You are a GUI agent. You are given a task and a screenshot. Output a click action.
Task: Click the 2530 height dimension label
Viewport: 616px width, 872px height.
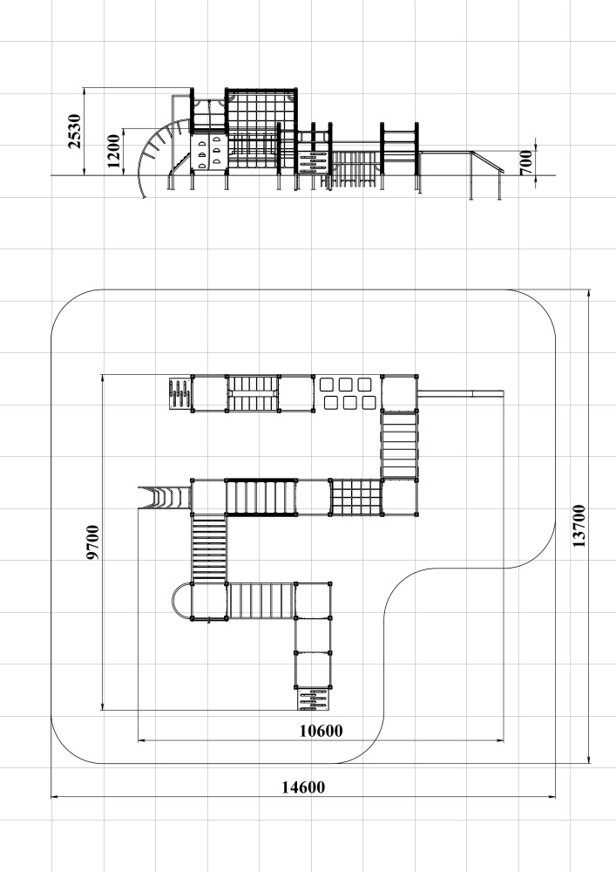pos(75,132)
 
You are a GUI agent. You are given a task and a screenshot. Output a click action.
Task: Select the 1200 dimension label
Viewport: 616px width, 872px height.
pos(113,151)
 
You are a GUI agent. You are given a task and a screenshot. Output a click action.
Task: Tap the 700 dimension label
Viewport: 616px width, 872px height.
pos(526,162)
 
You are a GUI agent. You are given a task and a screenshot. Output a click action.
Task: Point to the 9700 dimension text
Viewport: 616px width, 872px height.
pos(92,542)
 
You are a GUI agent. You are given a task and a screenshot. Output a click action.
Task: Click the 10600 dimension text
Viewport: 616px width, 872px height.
pos(321,731)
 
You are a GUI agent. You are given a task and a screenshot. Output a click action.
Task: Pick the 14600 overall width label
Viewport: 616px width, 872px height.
pos(303,787)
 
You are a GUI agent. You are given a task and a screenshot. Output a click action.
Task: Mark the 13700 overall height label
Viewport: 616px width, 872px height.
pos(579,526)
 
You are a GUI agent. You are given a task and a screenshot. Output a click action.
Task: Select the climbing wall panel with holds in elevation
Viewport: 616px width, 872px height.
pos(209,151)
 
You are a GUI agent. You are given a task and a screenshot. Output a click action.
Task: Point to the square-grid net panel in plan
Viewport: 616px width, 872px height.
pos(355,498)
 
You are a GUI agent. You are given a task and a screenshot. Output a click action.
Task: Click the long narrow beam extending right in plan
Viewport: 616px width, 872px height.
pos(460,394)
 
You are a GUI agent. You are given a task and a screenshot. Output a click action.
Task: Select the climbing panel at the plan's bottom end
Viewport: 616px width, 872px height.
pos(312,698)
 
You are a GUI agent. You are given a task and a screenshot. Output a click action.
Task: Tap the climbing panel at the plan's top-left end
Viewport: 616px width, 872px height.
pos(180,393)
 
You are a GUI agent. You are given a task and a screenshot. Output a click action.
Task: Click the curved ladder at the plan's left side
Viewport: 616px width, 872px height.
pos(165,497)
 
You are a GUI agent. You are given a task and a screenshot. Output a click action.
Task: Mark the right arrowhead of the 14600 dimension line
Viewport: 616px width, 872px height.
pos(552,797)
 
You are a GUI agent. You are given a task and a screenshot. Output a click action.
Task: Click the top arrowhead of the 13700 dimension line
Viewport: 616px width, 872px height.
pos(589,293)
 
